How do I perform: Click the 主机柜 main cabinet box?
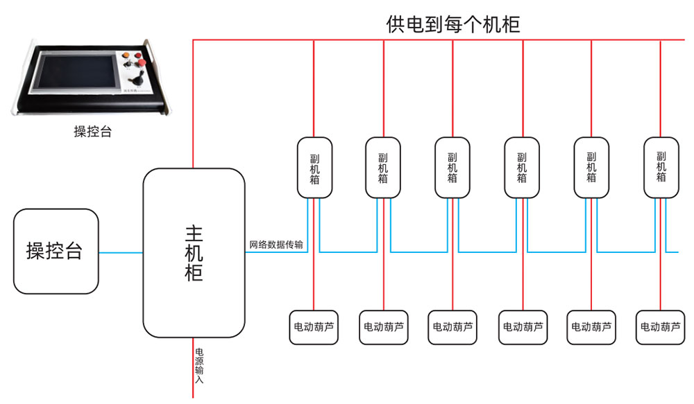pyautogui.click(x=194, y=253)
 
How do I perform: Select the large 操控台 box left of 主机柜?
pyautogui.click(x=56, y=251)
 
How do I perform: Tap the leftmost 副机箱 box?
pyautogui.click(x=314, y=168)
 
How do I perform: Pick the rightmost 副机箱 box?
pyautogui.click(x=661, y=168)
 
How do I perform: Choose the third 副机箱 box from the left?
pyautogui.click(x=452, y=168)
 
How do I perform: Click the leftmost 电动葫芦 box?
pyautogui.click(x=314, y=327)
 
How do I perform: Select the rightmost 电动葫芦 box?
pyautogui.click(x=661, y=327)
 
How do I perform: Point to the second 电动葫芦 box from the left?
pyautogui.click(x=384, y=327)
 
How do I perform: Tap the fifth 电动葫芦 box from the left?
pyautogui.click(x=591, y=327)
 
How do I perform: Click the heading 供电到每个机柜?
pyautogui.click(x=452, y=24)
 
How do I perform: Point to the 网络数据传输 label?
pyautogui.click(x=276, y=245)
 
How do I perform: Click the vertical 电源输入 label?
pyautogui.click(x=200, y=366)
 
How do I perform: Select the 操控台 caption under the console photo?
pyautogui.click(x=92, y=131)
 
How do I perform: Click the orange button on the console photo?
pyautogui.click(x=126, y=55)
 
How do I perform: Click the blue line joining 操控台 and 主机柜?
pyautogui.click(x=121, y=253)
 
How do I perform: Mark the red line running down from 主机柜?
pyautogui.click(x=194, y=368)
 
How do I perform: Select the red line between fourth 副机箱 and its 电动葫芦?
pyautogui.click(x=523, y=254)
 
